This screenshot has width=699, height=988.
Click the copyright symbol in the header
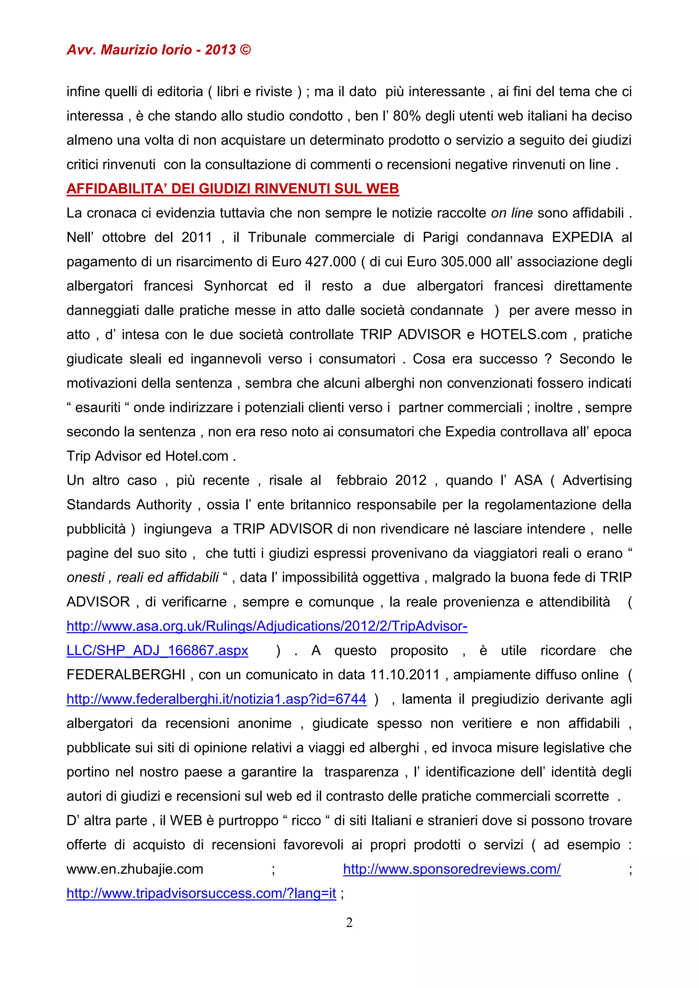click(245, 50)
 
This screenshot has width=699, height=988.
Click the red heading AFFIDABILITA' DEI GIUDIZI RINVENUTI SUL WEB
click(232, 189)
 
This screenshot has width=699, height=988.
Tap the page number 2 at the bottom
click(349, 922)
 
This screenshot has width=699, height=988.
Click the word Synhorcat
click(236, 286)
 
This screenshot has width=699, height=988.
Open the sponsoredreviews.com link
click(452, 869)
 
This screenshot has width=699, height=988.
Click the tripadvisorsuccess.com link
click(201, 893)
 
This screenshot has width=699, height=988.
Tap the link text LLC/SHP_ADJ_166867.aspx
click(157, 651)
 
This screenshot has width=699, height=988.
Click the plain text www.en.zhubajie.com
click(135, 869)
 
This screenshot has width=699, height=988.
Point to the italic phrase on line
click(512, 213)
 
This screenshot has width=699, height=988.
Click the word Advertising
click(597, 481)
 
